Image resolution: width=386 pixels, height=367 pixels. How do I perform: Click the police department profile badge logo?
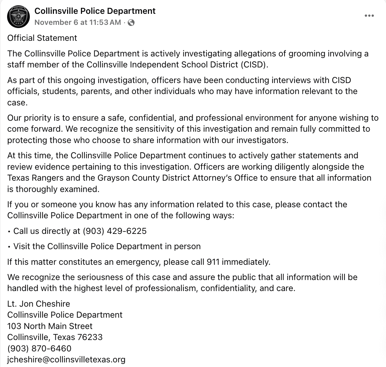[x=18, y=17]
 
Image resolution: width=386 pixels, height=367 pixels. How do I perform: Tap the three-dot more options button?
[x=369, y=16]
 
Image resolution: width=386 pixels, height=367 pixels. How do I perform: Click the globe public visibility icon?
[x=131, y=22]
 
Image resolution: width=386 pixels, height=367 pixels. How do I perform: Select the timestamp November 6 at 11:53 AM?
[x=78, y=22]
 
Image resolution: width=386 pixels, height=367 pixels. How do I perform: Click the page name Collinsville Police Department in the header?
[x=95, y=11]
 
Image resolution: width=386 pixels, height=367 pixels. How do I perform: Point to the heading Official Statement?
[x=42, y=38]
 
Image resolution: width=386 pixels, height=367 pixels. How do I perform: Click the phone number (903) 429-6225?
[x=115, y=231]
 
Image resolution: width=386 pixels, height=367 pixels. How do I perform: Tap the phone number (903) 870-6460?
[x=39, y=349]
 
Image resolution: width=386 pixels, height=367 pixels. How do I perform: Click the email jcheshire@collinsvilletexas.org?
[x=66, y=360]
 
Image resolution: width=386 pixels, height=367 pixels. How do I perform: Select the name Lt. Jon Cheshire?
[x=39, y=304]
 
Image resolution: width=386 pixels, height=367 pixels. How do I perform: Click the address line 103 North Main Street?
[x=50, y=326]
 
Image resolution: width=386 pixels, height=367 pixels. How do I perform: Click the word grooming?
[x=305, y=54]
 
